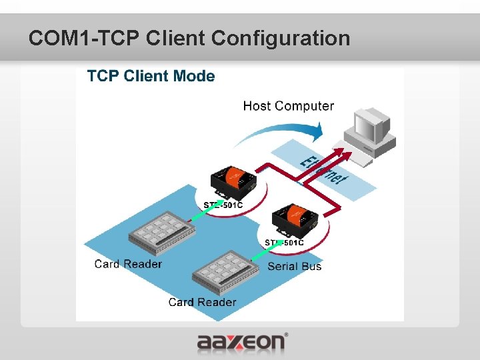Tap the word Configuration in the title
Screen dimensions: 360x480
280,38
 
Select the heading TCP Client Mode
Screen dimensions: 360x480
151,76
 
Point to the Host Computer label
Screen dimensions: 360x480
288,106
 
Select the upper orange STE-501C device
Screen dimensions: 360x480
232,179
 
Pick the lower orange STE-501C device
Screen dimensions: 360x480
293,219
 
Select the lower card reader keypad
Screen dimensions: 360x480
225,270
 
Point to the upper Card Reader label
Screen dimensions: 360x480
128,264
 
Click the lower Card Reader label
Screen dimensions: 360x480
202,302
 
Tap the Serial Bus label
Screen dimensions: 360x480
294,267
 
